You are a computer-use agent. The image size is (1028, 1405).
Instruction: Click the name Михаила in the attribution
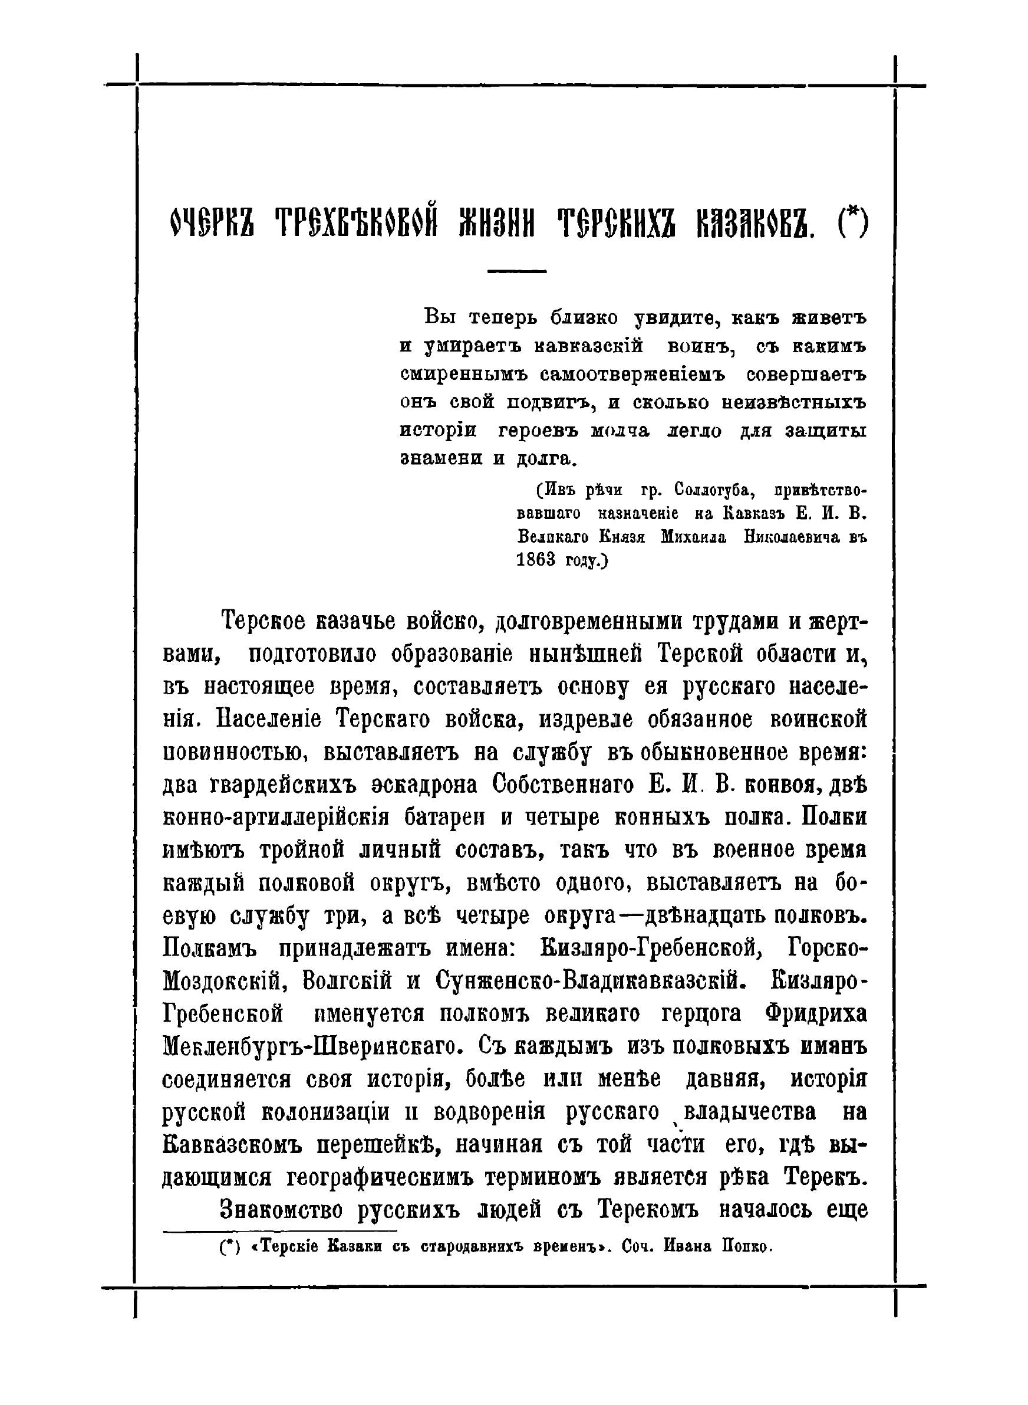click(x=694, y=537)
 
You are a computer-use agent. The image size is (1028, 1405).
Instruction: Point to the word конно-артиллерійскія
click(x=276, y=818)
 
